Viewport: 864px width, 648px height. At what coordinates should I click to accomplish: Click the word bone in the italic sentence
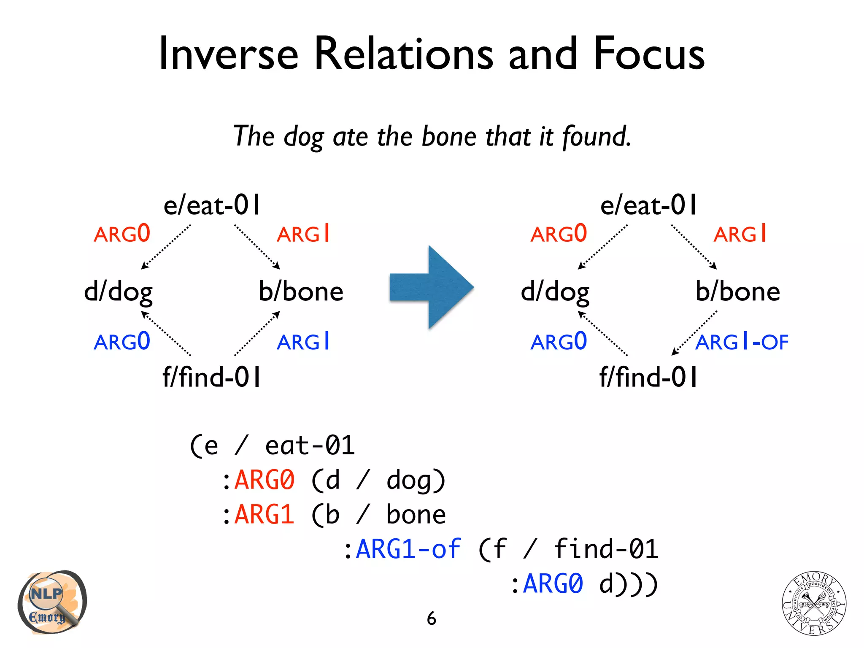(x=449, y=137)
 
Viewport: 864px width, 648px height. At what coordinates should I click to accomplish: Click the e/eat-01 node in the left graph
(x=212, y=205)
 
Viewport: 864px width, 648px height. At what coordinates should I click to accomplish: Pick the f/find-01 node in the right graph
(x=648, y=377)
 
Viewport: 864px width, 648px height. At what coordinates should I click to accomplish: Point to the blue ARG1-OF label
(x=742, y=342)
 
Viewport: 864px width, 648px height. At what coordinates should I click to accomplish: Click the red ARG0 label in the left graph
(x=122, y=234)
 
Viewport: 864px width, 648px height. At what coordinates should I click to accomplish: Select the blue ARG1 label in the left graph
(x=303, y=342)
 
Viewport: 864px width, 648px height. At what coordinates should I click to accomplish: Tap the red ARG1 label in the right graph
(x=740, y=234)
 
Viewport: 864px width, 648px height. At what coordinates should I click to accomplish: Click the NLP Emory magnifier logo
(x=51, y=602)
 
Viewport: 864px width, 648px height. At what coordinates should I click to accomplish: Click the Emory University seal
(x=814, y=603)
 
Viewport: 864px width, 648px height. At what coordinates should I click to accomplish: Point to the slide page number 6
(x=431, y=618)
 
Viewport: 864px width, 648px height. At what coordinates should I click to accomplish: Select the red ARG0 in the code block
(x=264, y=480)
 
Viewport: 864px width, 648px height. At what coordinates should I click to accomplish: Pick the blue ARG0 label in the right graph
(x=559, y=342)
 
